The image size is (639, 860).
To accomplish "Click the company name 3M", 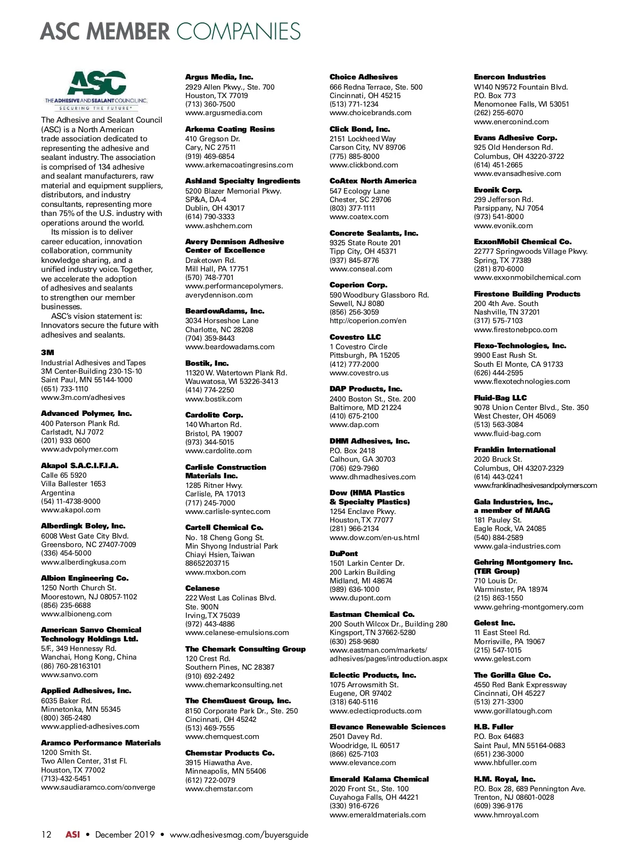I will pos(47,352).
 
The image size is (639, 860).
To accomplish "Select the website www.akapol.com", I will pos(70,510).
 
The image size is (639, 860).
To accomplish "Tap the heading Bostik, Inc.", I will pos(207,363).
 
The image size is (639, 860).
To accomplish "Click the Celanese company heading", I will pos(202,588).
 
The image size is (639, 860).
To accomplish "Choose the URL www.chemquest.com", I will pos(222,736).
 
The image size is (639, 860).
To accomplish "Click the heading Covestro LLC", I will pos(355,337).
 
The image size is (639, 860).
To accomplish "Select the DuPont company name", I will pos(343,553).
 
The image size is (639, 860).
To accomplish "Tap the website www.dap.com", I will pos(354,424).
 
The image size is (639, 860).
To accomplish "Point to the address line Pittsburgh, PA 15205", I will pos(364,355).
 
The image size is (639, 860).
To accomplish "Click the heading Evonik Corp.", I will pos(498,190).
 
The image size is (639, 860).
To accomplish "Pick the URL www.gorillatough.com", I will pos(513,711).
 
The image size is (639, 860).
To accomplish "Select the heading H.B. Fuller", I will pos(494,727).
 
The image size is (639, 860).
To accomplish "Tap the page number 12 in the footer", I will pos(46,834).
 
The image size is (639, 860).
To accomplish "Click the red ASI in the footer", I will pos(72,834).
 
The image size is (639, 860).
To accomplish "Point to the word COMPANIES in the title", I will pos(239,32).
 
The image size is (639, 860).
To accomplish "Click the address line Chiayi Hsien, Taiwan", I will pos(220,554).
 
